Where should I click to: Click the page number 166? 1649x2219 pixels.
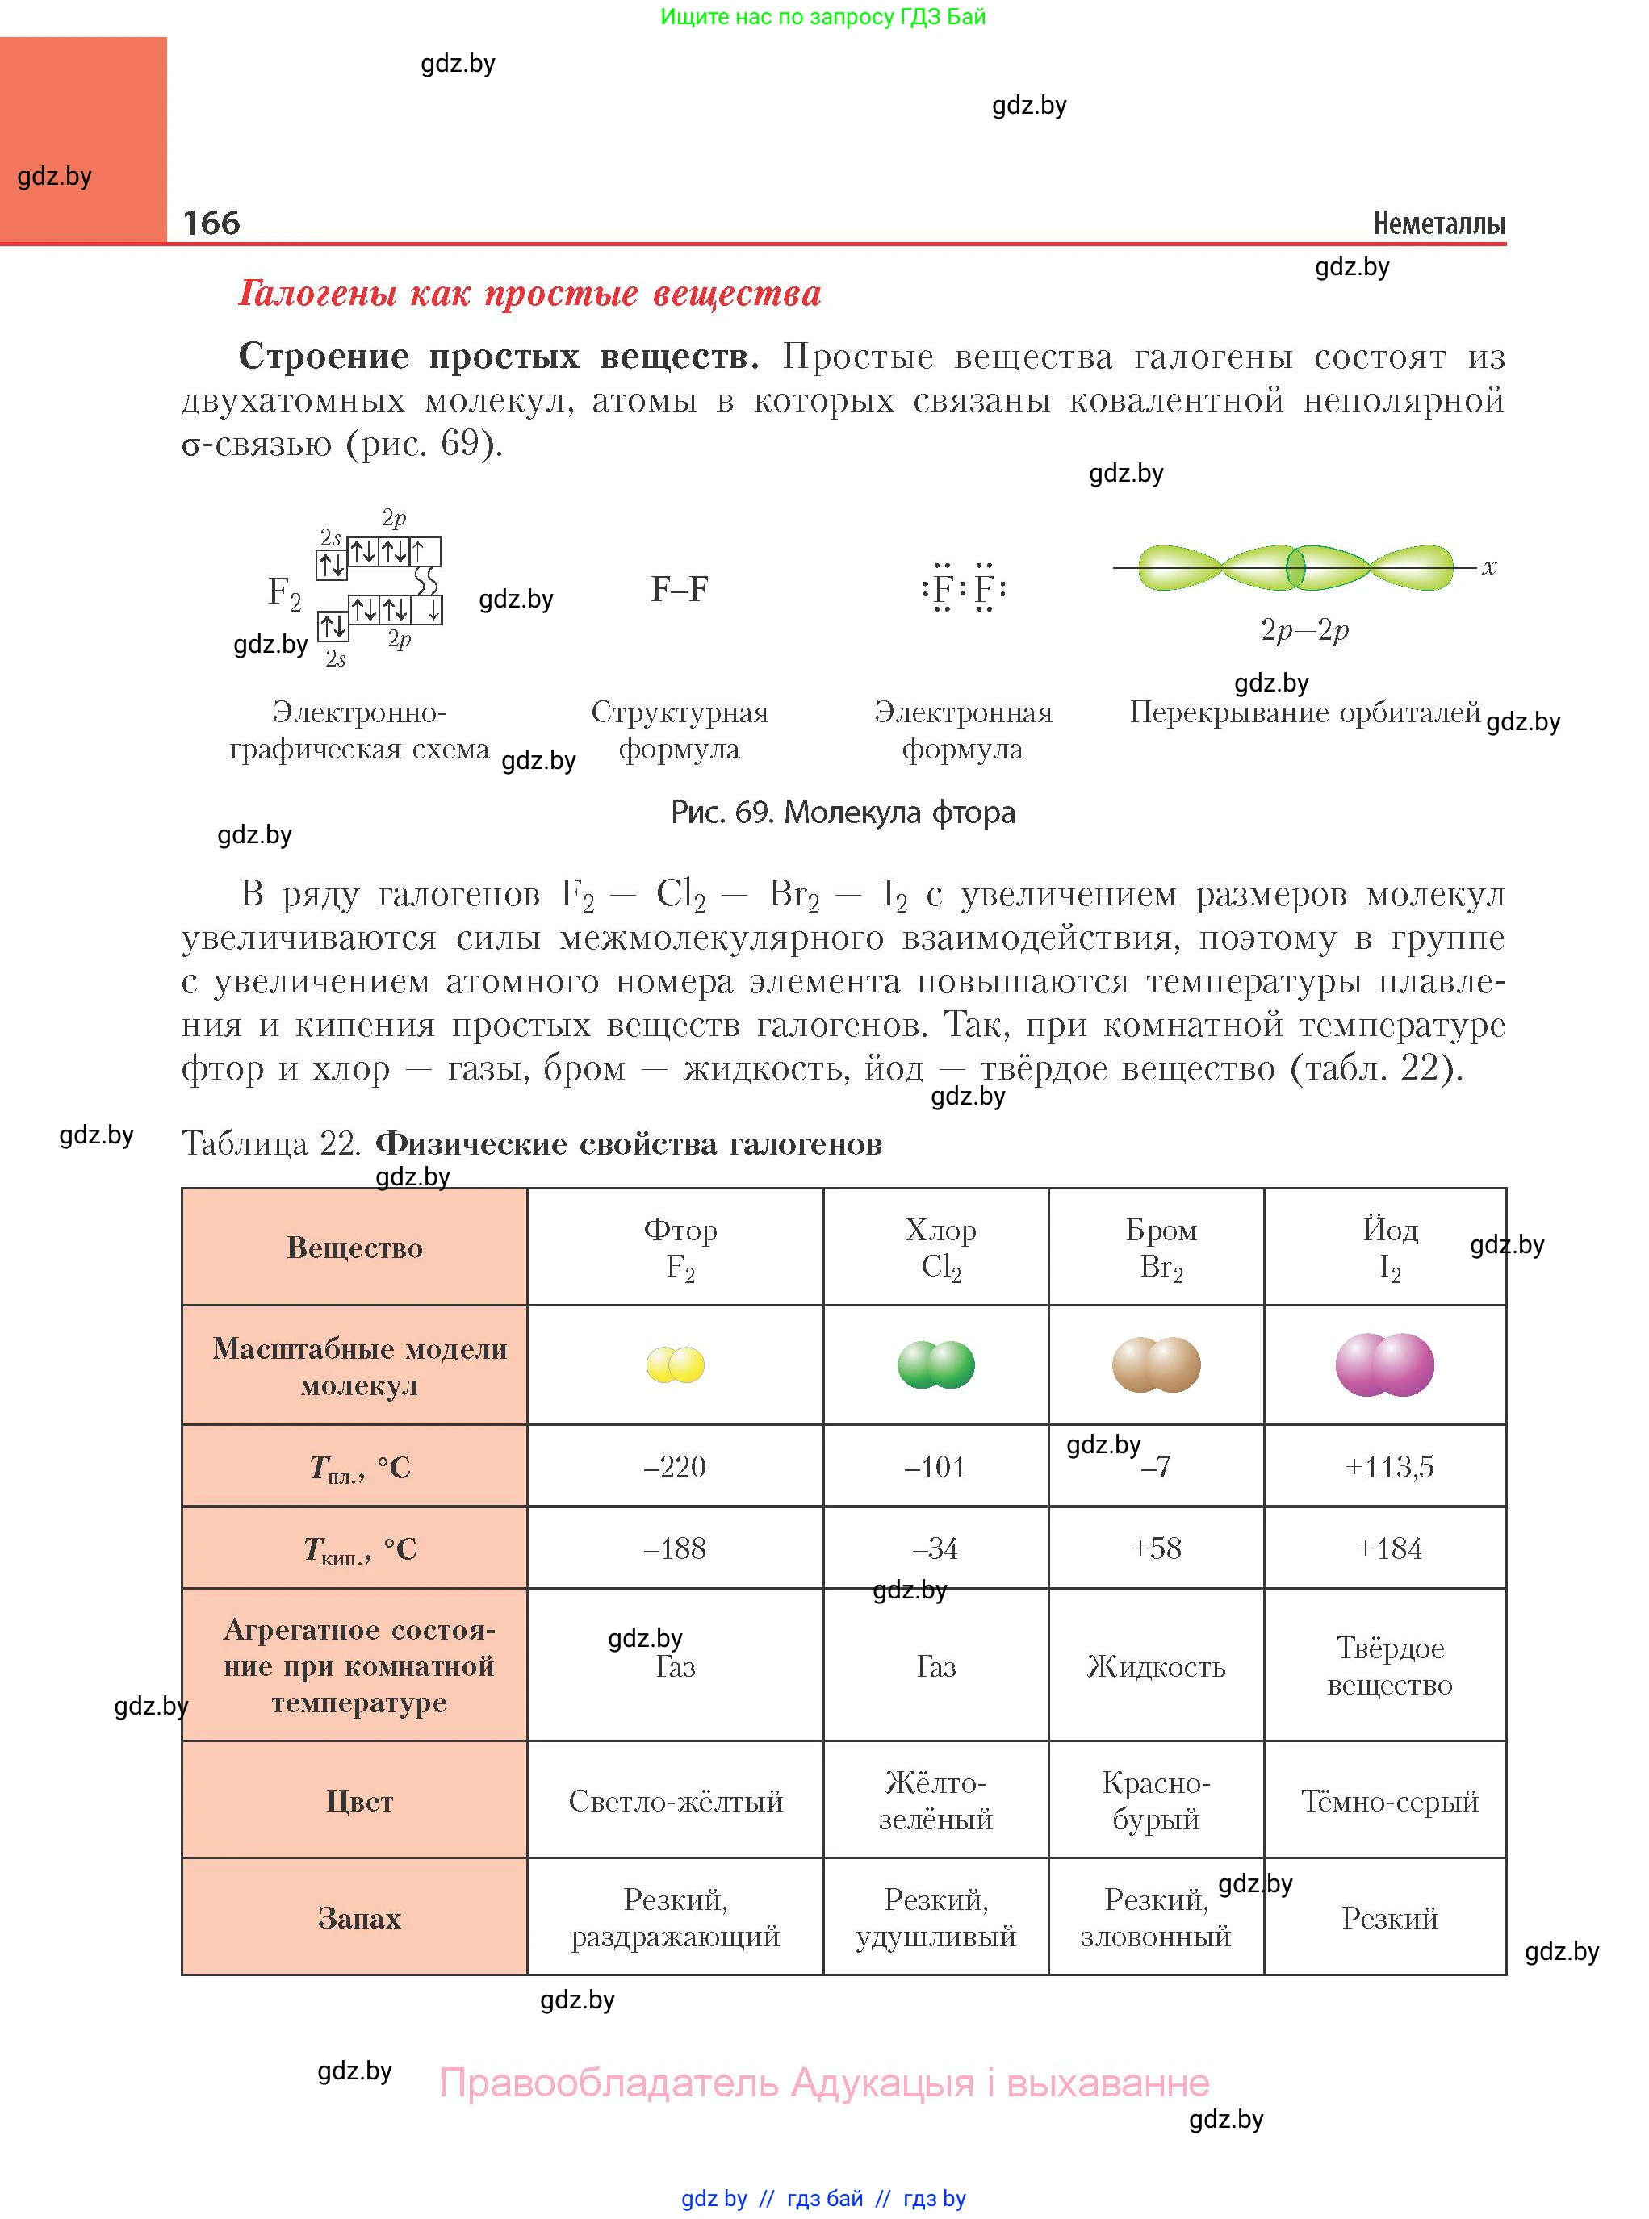coord(211,223)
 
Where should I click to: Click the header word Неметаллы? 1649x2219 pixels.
coord(1438,224)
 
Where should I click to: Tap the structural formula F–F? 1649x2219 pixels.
coord(679,589)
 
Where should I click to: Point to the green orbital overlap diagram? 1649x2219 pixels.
coord(1295,568)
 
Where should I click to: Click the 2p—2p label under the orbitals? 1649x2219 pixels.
coord(1304,629)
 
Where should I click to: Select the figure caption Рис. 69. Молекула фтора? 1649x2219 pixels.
coord(843,813)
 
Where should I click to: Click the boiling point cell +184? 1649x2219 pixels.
coord(1388,1548)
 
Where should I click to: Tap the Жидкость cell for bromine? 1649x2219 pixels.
coord(1156,1666)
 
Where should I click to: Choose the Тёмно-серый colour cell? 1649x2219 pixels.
coord(1388,1801)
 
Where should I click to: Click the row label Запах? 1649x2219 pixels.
coord(358,1918)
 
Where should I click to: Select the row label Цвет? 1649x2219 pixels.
coord(358,1801)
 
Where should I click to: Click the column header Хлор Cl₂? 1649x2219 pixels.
coord(940,1247)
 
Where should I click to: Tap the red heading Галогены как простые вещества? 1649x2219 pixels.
coord(530,294)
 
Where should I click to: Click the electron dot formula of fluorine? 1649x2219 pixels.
coord(963,589)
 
